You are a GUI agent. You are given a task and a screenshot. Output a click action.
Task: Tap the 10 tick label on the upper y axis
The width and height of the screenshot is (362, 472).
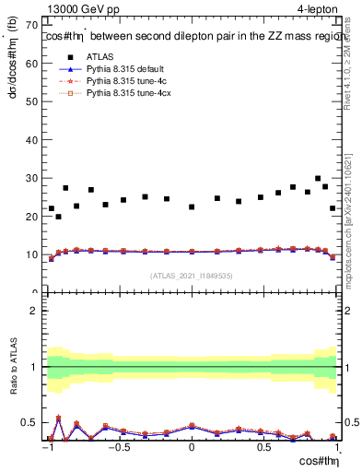33,254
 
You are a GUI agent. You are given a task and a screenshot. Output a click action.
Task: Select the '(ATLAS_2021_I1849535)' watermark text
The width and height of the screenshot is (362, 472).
192,275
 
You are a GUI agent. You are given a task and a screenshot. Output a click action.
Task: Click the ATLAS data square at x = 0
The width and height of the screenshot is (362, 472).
192,206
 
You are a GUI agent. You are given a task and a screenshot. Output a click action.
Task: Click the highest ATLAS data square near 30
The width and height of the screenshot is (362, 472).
318,179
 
